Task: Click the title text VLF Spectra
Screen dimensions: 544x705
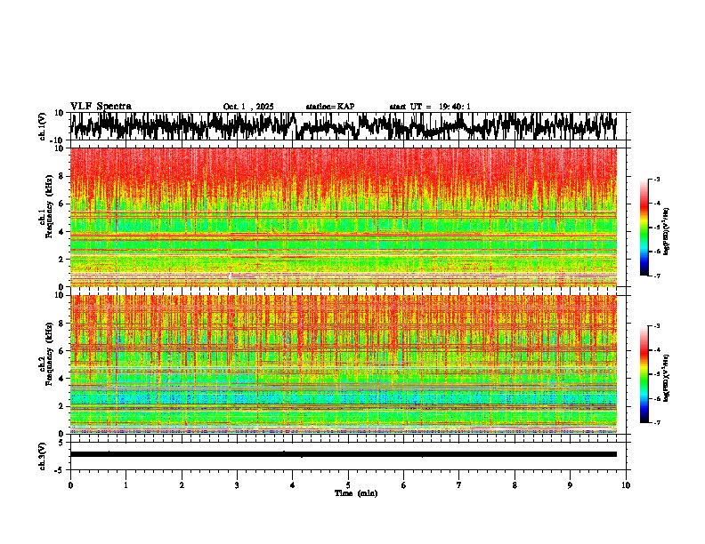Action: pos(101,106)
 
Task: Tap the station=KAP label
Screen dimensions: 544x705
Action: pos(329,107)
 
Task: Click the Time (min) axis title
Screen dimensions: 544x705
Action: pos(355,492)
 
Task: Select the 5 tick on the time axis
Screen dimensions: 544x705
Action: pos(348,485)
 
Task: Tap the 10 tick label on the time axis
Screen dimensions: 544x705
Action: pos(626,485)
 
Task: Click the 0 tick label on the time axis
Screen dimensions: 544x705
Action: pos(70,485)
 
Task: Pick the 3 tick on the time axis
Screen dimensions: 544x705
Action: pos(237,485)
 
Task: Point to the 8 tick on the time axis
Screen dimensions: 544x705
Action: pos(515,485)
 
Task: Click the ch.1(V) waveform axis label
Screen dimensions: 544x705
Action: pos(43,125)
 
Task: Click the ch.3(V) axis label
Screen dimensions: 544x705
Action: pos(43,454)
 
